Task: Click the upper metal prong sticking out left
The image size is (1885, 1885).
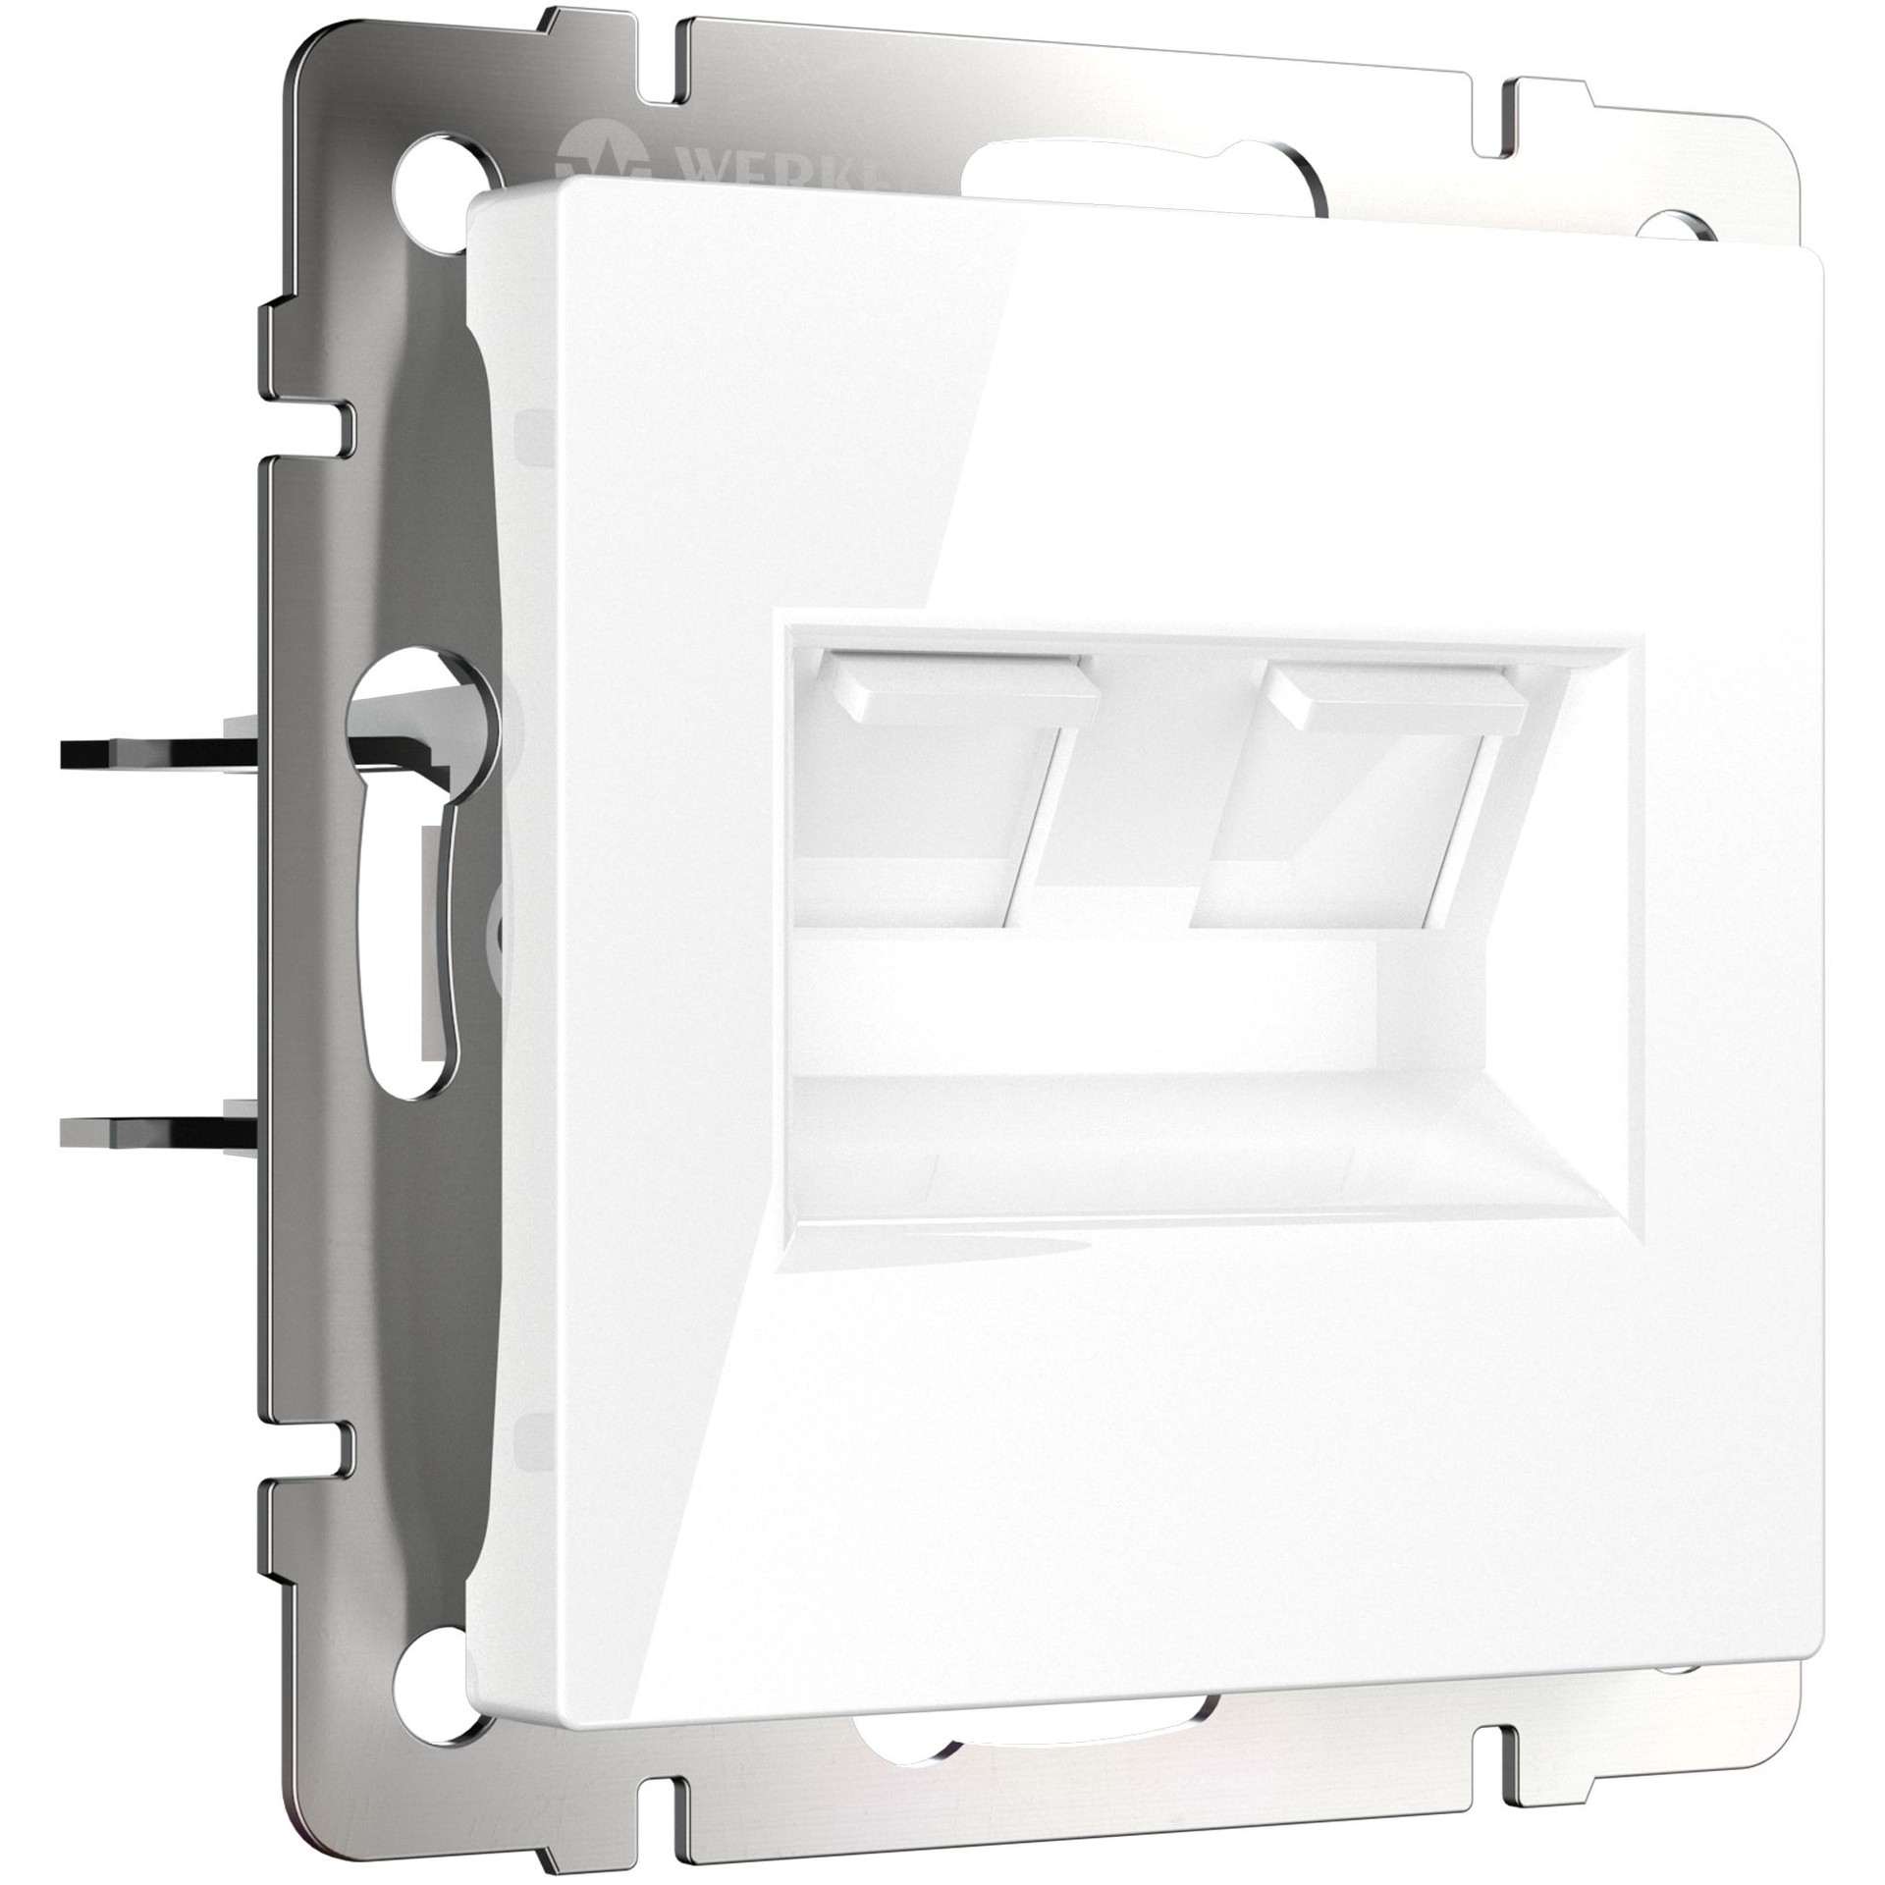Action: tap(147, 757)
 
